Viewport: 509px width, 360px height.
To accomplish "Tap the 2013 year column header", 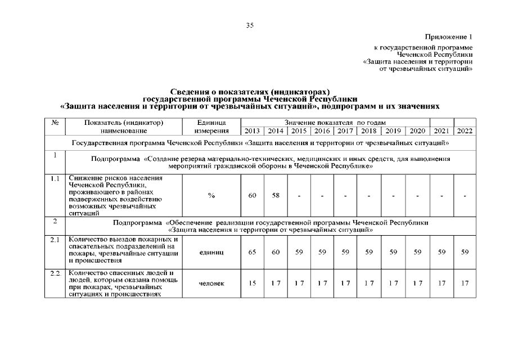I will point(253,131).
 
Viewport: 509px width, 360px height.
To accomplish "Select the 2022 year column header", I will point(465,131).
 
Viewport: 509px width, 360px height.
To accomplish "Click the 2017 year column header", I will point(345,131).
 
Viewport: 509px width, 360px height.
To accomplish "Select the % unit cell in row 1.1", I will point(211,196).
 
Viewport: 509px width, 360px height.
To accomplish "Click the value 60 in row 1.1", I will point(253,196).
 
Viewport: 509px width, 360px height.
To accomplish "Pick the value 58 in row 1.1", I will point(276,196).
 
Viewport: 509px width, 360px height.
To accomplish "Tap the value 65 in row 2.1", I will point(253,253).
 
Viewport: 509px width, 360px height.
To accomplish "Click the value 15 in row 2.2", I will point(253,283).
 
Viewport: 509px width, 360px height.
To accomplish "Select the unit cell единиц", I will point(211,253).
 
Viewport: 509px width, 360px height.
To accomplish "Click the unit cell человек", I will point(211,283).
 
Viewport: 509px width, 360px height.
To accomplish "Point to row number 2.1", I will point(55,241).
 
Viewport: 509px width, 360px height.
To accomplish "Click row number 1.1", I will point(55,179).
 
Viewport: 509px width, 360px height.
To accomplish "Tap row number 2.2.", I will point(55,273).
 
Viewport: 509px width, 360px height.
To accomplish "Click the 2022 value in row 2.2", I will point(465,283).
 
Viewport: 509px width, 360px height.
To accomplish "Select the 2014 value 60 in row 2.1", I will point(276,253).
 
